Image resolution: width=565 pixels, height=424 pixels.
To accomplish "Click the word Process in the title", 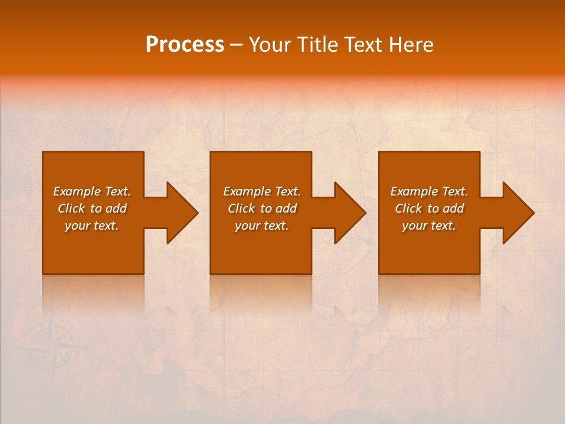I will click(185, 45).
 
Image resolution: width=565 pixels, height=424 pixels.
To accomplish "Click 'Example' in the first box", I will click(77, 191).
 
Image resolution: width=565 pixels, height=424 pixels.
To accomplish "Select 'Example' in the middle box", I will click(247, 191).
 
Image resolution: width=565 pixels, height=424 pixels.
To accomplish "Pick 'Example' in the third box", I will click(414, 191).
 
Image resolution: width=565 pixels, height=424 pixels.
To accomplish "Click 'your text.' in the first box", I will click(92, 226).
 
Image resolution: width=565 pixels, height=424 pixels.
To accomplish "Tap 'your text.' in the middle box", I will click(262, 226).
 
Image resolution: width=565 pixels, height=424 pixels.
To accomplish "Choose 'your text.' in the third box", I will click(429, 226).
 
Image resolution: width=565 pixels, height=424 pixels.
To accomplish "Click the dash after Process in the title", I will click(236, 45).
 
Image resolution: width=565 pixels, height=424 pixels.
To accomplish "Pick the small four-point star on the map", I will click(501, 336).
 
